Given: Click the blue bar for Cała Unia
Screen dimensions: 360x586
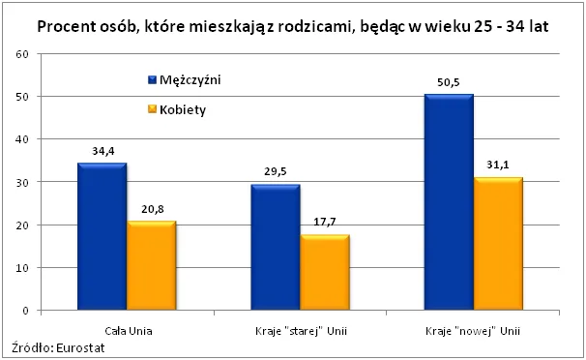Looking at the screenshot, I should pyautogui.click(x=102, y=237).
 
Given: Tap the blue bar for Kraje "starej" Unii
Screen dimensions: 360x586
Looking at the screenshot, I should pyautogui.click(x=276, y=248).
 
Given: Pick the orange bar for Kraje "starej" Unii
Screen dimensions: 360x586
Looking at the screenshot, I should pyautogui.click(x=324, y=273).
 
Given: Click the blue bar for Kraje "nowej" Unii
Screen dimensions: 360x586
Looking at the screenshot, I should pyautogui.click(x=449, y=202).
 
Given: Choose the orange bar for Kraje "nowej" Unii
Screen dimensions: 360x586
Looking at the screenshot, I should pyautogui.click(x=497, y=244).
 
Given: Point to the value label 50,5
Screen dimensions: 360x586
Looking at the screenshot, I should pyautogui.click(x=449, y=83).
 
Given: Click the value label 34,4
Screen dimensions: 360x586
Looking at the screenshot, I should pyautogui.click(x=102, y=152).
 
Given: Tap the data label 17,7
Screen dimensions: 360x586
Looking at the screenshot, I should pyautogui.click(x=324, y=224).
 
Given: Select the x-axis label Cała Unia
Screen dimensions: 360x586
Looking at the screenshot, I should pyautogui.click(x=126, y=329).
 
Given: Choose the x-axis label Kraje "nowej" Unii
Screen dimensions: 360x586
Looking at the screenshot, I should pyautogui.click(x=473, y=329).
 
